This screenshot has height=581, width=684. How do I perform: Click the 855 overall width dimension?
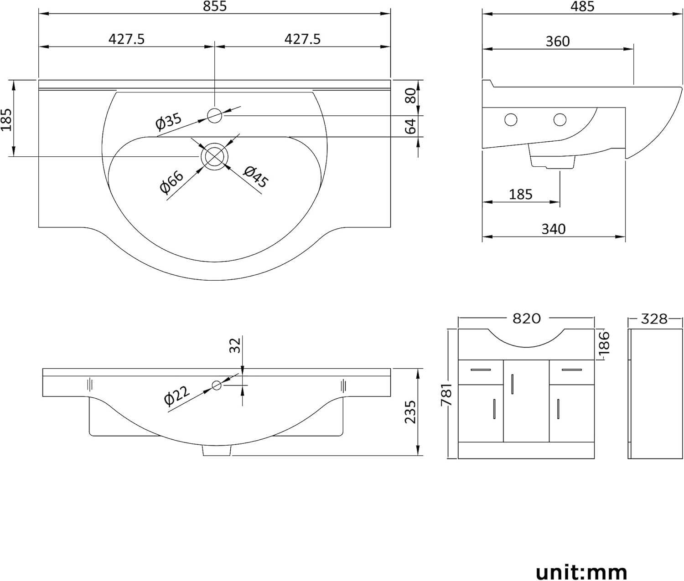pos(215,6)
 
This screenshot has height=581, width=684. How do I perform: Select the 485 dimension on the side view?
pos(582,6)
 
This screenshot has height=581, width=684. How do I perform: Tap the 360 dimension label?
pos(558,41)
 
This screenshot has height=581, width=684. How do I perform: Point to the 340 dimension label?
pos(554,229)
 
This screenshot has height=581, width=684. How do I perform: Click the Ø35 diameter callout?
pos(168,121)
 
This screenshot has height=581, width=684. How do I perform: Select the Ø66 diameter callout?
pos(172,181)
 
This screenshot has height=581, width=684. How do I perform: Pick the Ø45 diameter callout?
pos(256,177)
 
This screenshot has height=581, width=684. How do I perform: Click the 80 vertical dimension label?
pos(411,96)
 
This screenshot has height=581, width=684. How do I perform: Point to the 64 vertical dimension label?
pos(411,126)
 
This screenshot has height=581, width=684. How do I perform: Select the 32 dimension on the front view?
pos(235,346)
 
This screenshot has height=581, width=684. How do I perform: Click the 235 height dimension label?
pos(411,412)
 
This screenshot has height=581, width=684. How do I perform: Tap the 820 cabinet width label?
pos(526,318)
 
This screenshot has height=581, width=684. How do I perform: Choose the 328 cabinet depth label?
pos(654,319)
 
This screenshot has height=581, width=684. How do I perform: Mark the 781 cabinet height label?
pos(447,395)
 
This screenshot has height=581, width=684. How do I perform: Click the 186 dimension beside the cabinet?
pos(604,344)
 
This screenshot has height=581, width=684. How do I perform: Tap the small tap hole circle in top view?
pos(214,115)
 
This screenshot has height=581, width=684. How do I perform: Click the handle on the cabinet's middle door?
pos(513,383)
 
